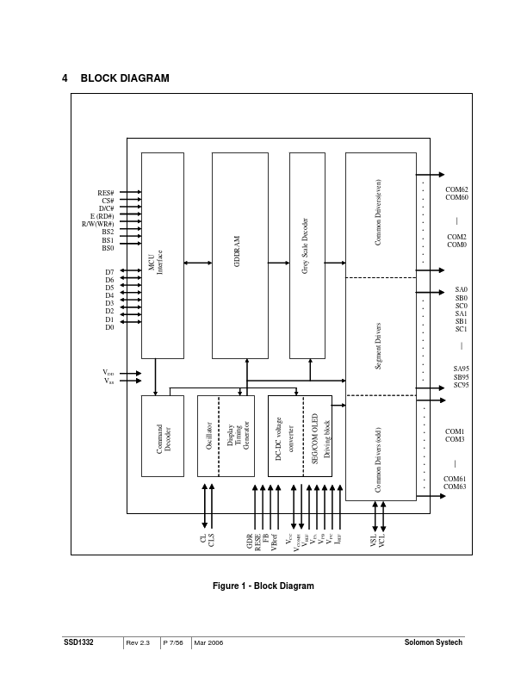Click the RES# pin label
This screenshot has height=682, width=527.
(107, 193)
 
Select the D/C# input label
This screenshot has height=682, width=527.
(107, 208)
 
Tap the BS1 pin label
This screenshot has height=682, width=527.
(108, 240)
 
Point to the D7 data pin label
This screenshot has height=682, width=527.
(109, 272)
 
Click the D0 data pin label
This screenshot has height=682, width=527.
(109, 327)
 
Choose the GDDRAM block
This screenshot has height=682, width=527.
(239, 256)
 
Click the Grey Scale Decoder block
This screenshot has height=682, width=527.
(313, 256)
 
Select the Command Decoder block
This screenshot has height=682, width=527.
(163, 436)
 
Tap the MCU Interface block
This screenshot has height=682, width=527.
(162, 256)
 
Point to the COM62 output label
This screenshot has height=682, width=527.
(456, 189)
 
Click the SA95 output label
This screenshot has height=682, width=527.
(461, 369)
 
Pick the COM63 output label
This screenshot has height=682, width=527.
(456, 487)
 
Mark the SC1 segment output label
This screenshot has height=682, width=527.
(461, 329)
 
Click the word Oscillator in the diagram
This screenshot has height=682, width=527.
(209, 436)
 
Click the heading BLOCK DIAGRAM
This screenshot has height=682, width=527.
(125, 78)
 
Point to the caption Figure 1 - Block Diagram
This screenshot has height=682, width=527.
(263, 586)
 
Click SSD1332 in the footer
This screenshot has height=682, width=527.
(78, 643)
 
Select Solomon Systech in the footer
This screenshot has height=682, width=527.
(433, 643)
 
